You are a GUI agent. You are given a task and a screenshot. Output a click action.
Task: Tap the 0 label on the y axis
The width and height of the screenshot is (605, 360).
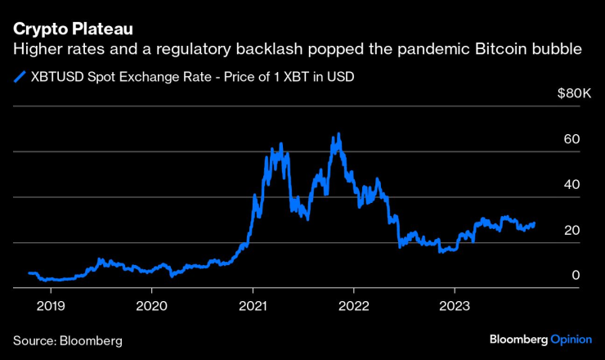576,276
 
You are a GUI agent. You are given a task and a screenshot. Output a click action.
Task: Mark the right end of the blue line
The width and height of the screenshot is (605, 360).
535,223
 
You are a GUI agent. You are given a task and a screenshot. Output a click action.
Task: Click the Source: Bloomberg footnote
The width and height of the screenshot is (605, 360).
67,339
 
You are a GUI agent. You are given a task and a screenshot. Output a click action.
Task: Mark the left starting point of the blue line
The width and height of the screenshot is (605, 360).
29,273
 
